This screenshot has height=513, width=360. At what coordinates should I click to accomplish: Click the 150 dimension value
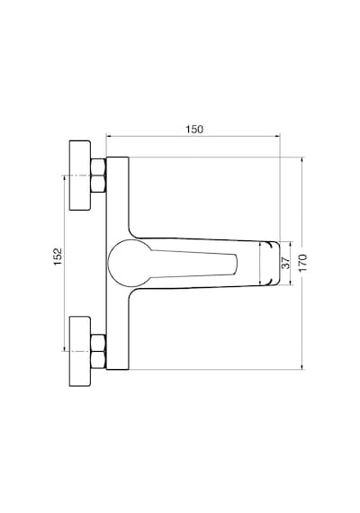coord(194,130)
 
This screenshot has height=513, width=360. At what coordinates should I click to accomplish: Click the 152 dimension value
coord(58,256)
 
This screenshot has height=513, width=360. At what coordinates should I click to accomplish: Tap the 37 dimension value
coord(285,263)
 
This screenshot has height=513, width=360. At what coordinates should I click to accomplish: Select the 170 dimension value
coord(303,263)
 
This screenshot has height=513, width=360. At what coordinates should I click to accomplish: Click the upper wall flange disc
coord(80,175)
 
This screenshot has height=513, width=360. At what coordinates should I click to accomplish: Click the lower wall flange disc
coord(80,351)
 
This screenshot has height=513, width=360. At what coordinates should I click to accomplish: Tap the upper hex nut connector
coord(98,175)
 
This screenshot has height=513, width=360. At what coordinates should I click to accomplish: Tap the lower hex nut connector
coord(98,351)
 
